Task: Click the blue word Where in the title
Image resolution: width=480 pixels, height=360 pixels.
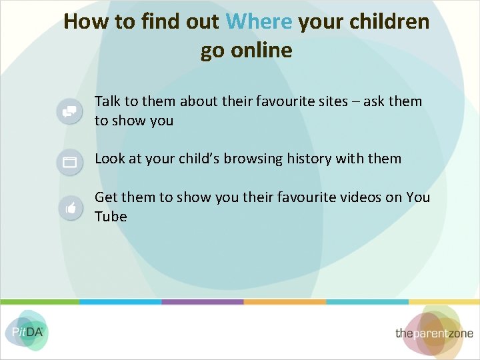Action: (259, 22)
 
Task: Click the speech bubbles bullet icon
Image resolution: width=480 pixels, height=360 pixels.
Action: (69, 111)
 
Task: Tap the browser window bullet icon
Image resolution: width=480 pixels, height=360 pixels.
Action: (69, 161)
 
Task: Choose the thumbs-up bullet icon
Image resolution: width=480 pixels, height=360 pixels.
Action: (69, 208)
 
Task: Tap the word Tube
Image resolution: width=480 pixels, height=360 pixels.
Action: (111, 217)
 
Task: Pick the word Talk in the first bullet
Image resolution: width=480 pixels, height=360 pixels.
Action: (107, 101)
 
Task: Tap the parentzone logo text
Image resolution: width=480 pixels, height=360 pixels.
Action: (434, 333)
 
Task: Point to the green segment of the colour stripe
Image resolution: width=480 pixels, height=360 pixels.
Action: (40, 302)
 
